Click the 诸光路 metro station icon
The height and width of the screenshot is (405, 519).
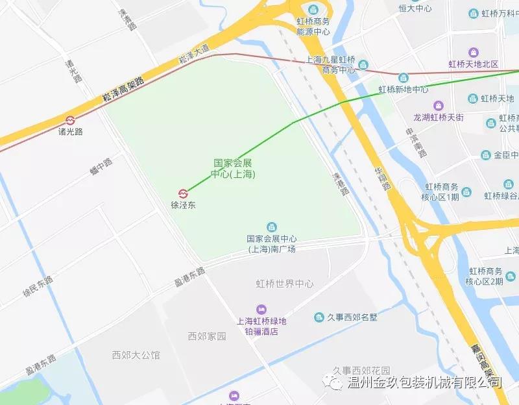coord(70,120)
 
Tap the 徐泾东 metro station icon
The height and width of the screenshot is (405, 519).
coord(183,193)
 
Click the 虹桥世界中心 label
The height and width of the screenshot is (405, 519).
coord(285,284)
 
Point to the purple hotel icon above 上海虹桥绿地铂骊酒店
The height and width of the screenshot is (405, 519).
coord(261,309)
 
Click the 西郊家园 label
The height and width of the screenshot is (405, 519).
coord(207,336)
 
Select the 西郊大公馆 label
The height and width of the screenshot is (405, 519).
coord(136,355)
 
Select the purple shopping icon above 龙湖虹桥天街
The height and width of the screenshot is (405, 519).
coord(439,105)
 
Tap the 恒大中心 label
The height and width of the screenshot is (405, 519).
coord(415,8)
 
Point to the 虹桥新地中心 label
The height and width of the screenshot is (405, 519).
coord(404,89)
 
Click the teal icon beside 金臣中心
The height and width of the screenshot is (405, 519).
coord(486,155)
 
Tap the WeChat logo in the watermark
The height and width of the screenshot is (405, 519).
coord(336,384)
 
